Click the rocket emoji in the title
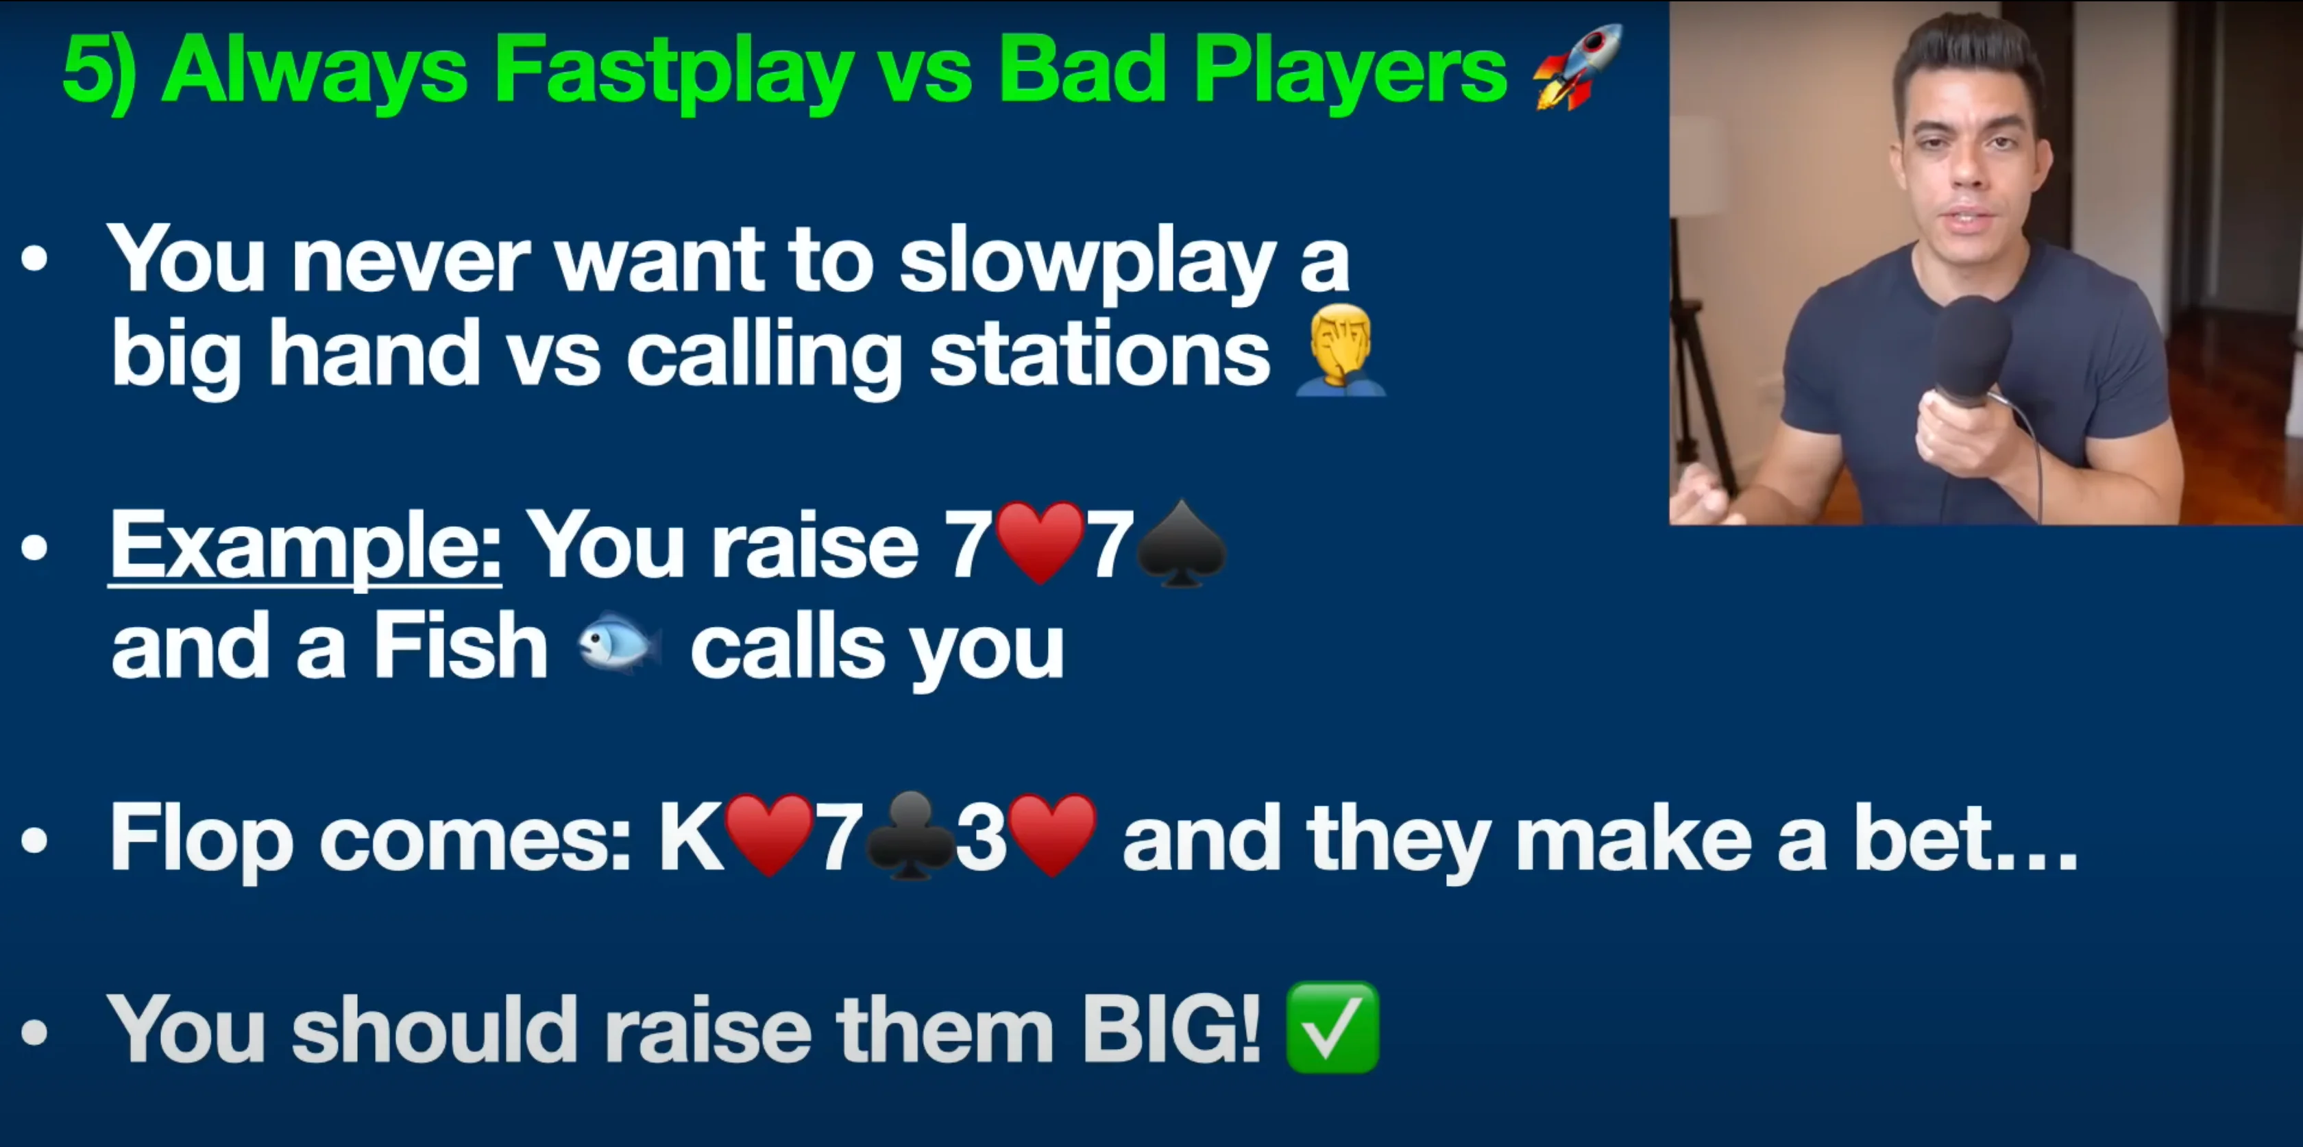(x=1577, y=67)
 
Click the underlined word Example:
(x=305, y=545)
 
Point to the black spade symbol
(x=1180, y=543)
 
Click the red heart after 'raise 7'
(x=1040, y=543)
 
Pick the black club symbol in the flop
(x=910, y=836)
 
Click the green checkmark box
(x=1332, y=1027)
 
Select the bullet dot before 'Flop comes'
(x=35, y=839)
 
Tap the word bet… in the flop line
(x=1965, y=838)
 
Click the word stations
(x=1099, y=355)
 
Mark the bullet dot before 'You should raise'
(x=35, y=1032)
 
